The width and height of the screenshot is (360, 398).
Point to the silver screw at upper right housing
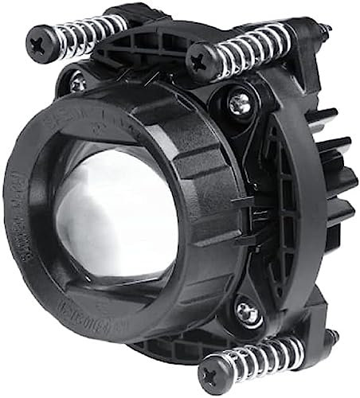click(x=240, y=102)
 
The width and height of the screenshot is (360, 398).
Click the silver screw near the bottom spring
click(x=248, y=313)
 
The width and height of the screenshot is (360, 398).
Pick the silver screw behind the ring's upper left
click(x=77, y=82)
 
